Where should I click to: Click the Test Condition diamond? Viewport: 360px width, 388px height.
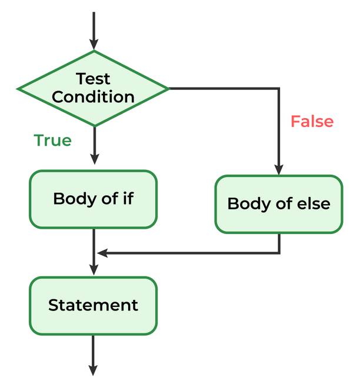94,88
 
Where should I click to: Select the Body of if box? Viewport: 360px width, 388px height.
94,199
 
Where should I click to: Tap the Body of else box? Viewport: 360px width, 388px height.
279,204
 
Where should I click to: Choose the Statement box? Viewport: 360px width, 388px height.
94,305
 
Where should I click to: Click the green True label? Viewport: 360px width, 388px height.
53,141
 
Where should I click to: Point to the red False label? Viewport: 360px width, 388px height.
312,122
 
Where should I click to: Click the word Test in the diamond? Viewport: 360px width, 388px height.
94,78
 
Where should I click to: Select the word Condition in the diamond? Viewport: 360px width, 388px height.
94,96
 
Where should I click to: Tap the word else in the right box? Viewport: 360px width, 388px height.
316,204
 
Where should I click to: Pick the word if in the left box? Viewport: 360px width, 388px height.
127,199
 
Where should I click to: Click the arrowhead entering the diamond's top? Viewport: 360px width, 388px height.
94,45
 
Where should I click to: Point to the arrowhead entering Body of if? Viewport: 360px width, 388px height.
94,159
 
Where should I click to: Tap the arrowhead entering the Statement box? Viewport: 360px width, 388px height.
94,270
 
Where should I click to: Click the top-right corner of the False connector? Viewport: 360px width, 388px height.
279,89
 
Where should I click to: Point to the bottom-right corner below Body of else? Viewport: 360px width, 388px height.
279,253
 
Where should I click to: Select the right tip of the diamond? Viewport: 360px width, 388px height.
169,89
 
